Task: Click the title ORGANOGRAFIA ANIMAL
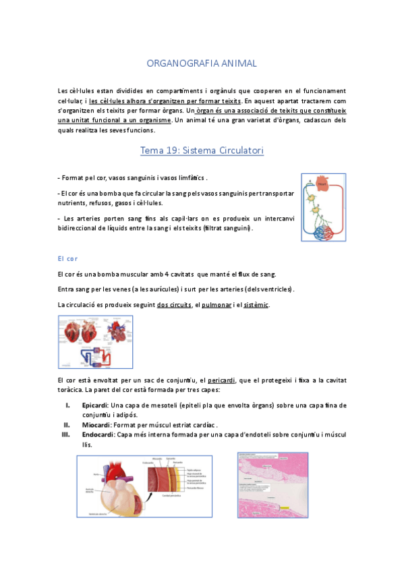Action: coord(202,63)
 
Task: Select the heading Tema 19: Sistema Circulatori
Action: coord(202,151)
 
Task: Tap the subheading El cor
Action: coord(69,258)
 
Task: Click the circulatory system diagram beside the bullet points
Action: coord(323,207)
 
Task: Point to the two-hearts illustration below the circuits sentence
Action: coord(96,342)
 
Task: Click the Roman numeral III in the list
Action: coord(66,435)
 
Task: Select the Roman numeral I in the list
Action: coord(67,405)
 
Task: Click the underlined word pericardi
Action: coord(221,381)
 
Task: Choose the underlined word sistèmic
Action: coord(256,305)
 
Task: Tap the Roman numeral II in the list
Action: coord(67,425)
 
